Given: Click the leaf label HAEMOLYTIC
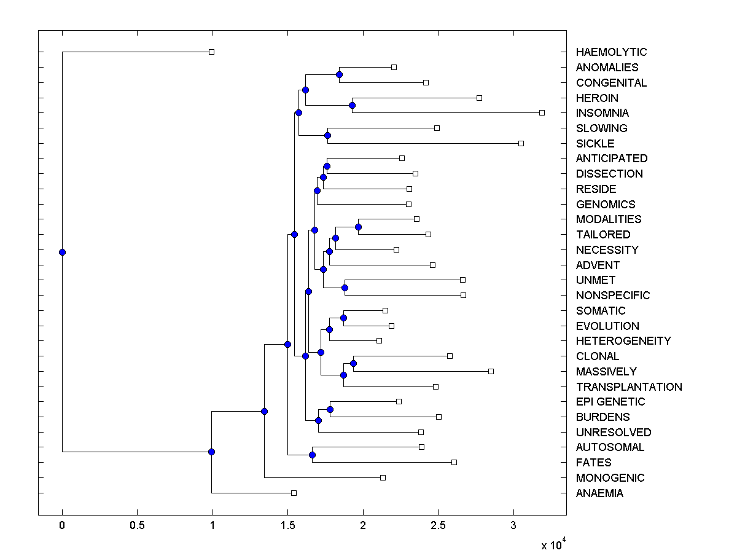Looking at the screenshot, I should [x=611, y=52].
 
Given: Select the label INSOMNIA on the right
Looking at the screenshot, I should [x=602, y=113].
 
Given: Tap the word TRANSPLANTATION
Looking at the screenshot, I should [x=629, y=387].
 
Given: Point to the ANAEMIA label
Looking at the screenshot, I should [x=599, y=493].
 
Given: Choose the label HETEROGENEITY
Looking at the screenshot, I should [x=623, y=341].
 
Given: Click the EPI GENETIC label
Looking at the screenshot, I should [x=610, y=402].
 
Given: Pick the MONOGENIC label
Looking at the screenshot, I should [x=610, y=478].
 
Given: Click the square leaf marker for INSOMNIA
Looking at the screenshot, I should [x=542, y=113].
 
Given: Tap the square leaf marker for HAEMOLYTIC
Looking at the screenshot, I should [x=211, y=52].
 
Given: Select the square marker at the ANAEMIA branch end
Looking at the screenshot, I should [x=294, y=493].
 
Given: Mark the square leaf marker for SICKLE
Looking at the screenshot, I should [x=521, y=143].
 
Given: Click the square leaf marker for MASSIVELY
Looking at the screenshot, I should [x=491, y=371].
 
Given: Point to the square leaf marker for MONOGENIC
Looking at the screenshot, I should [x=383, y=477].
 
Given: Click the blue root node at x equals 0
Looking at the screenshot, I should [x=62, y=252].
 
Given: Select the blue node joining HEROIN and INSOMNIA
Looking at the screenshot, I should [x=352, y=105].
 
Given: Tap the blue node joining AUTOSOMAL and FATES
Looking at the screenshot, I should [x=312, y=455].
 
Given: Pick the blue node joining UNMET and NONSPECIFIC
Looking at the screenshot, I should [x=345, y=288].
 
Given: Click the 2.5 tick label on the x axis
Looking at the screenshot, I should [x=438, y=526].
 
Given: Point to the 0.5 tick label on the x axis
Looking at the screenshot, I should [x=137, y=526].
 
